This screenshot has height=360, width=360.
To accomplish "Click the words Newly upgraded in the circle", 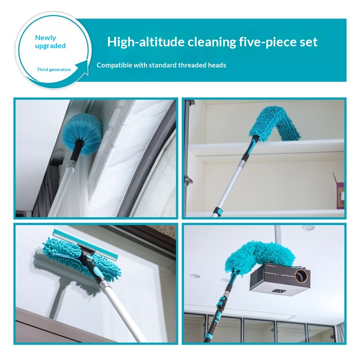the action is pos(50,42).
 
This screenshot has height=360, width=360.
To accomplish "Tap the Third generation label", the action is pos(54,70).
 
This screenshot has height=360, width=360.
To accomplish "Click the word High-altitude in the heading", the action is pos(146,42).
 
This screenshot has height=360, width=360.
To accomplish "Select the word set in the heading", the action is pos(310,42).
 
